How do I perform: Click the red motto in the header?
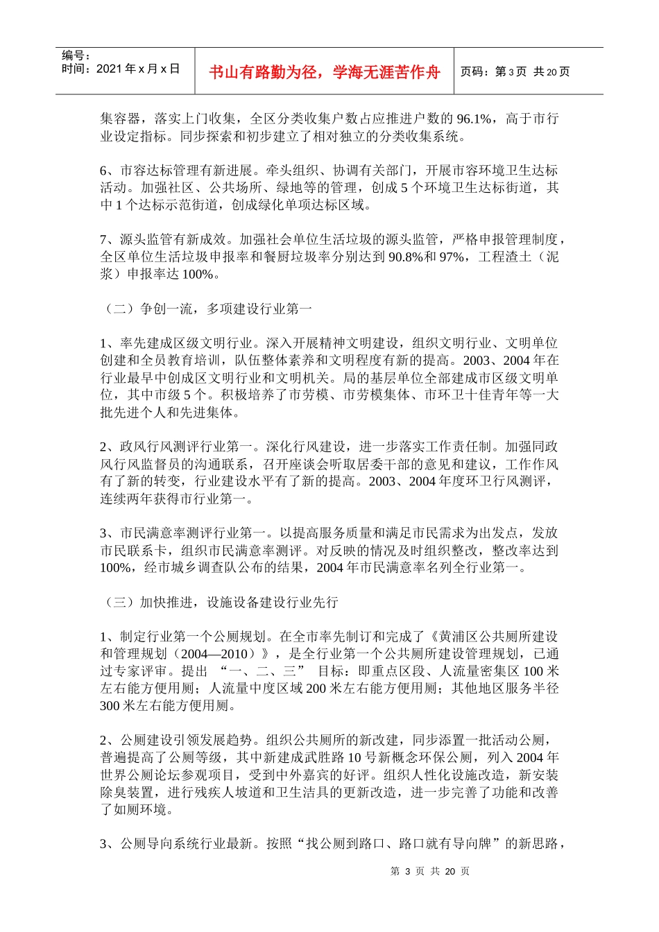tap(324, 72)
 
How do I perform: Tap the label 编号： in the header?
tap(76, 55)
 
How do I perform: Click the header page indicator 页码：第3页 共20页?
tap(515, 72)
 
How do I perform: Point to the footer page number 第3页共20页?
tap(429, 871)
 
